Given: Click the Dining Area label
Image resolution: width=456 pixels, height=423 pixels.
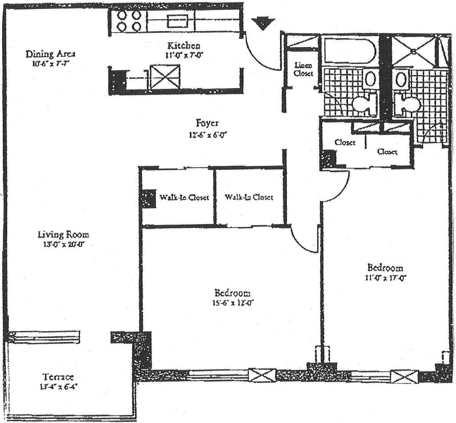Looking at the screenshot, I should [50, 54].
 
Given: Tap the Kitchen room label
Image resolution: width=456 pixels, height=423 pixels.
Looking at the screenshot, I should [183, 45].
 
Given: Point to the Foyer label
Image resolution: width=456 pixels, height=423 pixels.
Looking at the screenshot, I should [208, 123].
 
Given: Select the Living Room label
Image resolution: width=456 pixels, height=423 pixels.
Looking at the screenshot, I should [63, 234].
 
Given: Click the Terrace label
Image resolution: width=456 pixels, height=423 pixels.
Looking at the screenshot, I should [58, 377].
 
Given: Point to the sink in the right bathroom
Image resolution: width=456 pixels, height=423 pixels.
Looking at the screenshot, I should [401, 80].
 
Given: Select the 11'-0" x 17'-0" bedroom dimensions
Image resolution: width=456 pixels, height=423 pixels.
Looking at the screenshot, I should [385, 278].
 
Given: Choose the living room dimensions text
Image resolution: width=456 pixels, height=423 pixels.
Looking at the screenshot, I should [63, 245].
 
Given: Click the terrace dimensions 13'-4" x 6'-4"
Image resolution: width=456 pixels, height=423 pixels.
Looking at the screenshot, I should [58, 387].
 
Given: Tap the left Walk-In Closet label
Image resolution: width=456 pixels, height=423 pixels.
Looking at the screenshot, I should [183, 197].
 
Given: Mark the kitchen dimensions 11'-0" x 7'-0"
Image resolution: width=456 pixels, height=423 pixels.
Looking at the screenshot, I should [183, 55].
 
